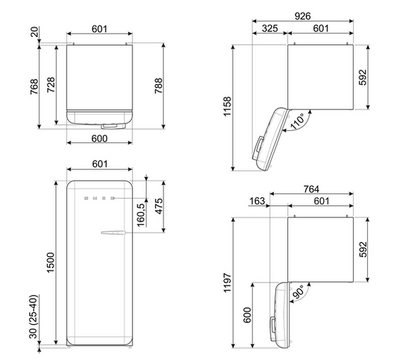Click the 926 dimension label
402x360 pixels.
302,16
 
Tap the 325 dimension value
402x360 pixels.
270,28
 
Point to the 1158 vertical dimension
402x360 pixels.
228,107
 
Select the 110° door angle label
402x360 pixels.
297,121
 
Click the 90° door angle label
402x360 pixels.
298,292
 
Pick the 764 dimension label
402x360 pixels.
311,189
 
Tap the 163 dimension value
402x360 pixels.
257,201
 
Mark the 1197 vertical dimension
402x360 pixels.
228,282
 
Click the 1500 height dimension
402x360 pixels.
51,263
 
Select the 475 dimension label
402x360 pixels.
159,206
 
